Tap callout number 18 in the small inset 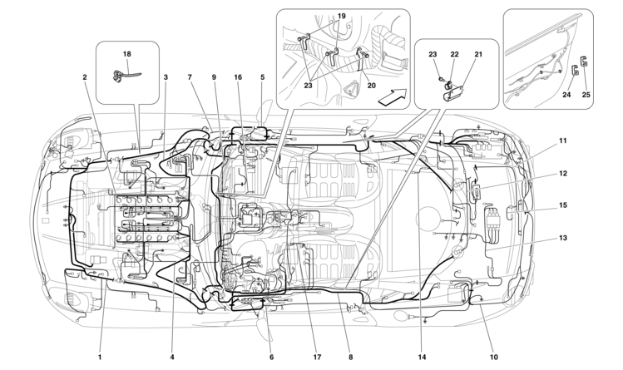(127, 54)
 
